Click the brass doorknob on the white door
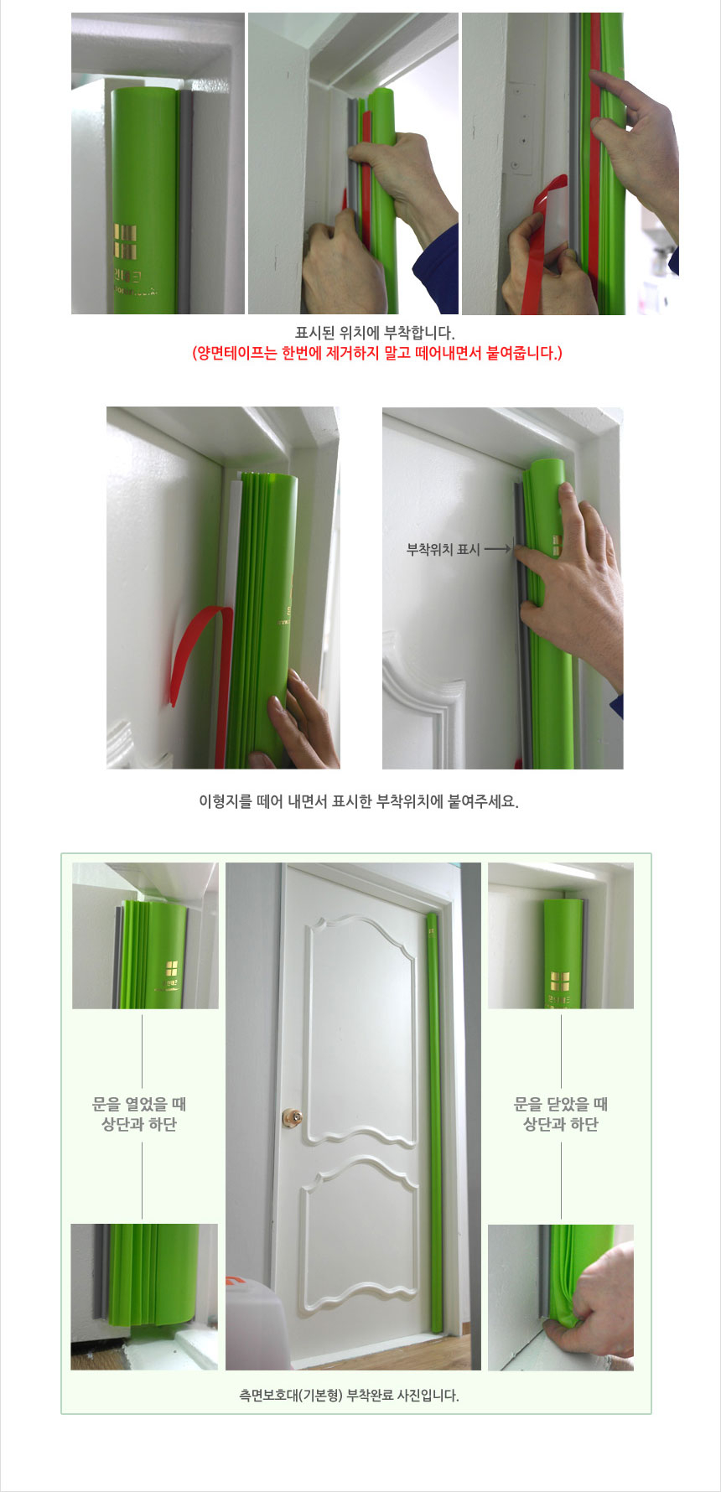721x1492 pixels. point(293,1116)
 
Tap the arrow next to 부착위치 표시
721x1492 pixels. point(497,550)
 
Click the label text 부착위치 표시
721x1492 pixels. point(443,550)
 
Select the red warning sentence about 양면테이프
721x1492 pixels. point(376,353)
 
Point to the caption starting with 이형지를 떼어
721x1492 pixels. point(359,800)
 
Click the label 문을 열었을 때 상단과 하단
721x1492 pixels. point(139,1114)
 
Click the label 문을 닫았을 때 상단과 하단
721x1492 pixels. point(561,1114)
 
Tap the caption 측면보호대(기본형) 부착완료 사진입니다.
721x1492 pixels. point(349,1396)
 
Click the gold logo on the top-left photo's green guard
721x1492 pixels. point(125,241)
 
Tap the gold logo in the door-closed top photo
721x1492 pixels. point(559,981)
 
